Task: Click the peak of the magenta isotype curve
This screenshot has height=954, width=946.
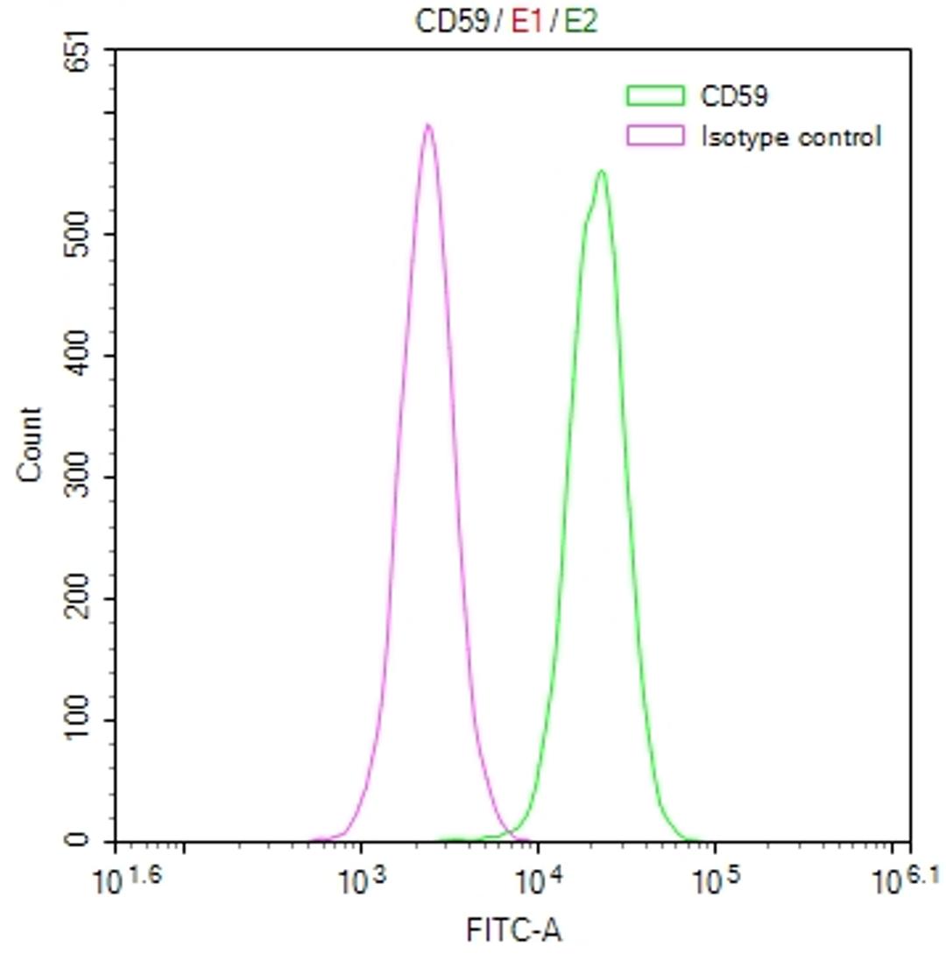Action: point(427,125)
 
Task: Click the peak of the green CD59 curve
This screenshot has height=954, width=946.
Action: point(601,171)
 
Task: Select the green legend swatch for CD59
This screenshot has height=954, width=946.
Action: point(654,95)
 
